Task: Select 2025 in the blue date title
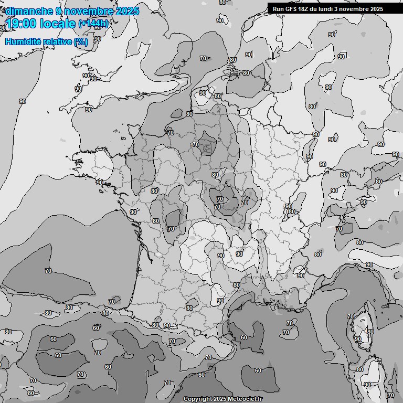[127, 11]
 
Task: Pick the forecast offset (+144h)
[93, 24]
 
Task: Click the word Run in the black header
[279, 9]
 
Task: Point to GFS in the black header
[292, 9]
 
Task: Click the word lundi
[331, 9]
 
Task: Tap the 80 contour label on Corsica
[370, 332]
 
